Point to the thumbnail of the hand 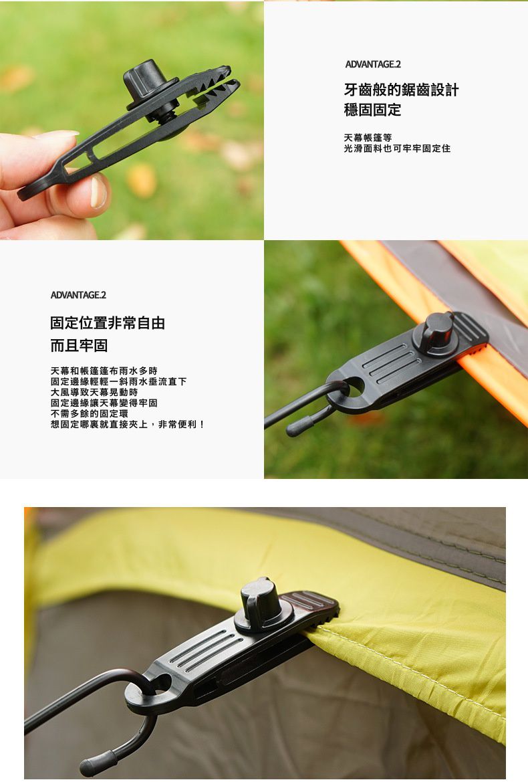(98, 191)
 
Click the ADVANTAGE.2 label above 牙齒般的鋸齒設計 (372, 64)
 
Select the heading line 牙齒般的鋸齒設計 (401, 90)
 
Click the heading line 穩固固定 (372, 110)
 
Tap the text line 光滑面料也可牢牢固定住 (397, 149)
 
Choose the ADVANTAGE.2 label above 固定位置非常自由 (78, 295)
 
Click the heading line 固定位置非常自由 (108, 323)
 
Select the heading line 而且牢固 (79, 346)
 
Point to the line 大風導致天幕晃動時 (94, 392)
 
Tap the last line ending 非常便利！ (128, 424)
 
